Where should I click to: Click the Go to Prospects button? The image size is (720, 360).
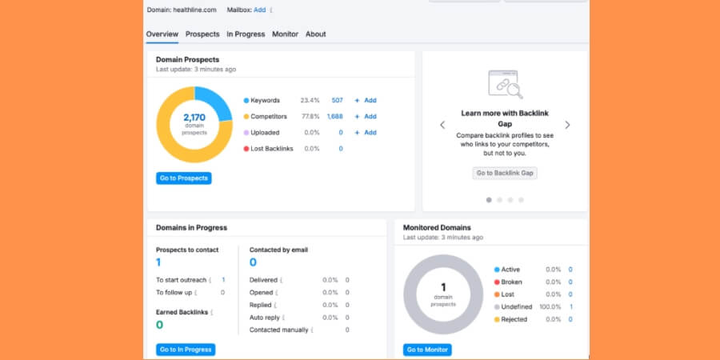click(x=183, y=178)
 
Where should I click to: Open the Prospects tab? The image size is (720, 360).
click(x=202, y=34)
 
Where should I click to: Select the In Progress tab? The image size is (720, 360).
click(x=246, y=34)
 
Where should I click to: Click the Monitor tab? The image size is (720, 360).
click(x=285, y=34)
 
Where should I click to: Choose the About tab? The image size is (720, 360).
click(x=315, y=34)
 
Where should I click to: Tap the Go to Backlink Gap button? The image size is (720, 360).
click(x=506, y=173)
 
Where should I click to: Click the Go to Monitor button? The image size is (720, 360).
click(x=427, y=350)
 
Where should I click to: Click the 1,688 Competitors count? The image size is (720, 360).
click(x=334, y=117)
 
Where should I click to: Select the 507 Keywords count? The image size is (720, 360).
click(x=337, y=101)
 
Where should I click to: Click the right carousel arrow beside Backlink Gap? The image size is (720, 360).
click(x=568, y=125)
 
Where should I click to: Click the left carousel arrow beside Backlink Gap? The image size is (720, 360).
click(x=442, y=125)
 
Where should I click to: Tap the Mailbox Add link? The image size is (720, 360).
click(x=259, y=10)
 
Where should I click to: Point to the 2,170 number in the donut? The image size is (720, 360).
click(x=194, y=118)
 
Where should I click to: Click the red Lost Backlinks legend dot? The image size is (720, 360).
click(x=246, y=149)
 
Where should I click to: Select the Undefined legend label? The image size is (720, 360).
click(x=518, y=306)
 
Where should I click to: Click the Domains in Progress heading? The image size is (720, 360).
click(x=191, y=228)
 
